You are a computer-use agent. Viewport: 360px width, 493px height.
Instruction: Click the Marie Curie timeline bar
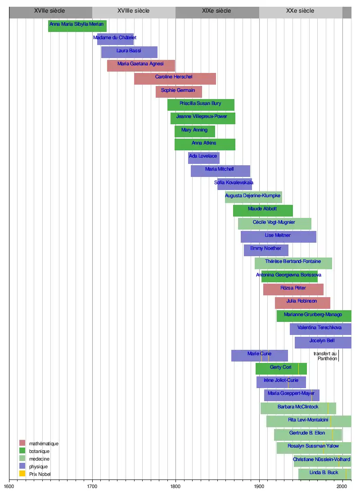pos(259,356)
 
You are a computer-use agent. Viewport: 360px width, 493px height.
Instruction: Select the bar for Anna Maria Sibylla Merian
pos(77,26)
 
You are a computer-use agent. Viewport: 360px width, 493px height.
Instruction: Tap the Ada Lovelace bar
pos(203,158)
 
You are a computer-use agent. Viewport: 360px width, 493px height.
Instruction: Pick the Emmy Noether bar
pos(266,250)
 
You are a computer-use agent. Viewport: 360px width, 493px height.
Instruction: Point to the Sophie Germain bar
pos(179,92)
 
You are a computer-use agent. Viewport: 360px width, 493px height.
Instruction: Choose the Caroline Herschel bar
pos(175,79)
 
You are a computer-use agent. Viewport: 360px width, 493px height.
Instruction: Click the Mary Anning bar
pos(194,131)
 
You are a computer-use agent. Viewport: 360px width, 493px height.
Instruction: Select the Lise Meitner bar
pos(278,237)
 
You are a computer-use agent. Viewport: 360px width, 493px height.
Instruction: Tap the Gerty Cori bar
pos(281,369)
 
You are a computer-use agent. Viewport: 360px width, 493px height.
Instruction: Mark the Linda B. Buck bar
pos(324,474)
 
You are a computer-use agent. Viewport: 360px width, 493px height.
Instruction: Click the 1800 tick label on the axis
pos(175,486)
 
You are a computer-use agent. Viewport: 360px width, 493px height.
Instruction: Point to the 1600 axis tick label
pos(9,486)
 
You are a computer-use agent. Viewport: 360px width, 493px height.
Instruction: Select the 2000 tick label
pos(342,486)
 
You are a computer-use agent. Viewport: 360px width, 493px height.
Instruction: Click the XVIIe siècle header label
pos(49,10)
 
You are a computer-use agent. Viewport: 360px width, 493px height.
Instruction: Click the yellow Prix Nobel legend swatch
pos(22,474)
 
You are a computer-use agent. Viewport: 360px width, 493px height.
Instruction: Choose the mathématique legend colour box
pos(22,443)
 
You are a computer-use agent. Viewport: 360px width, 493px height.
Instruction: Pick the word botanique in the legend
pos(39,451)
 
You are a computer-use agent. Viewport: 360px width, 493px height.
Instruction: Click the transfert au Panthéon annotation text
pos(325,356)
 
